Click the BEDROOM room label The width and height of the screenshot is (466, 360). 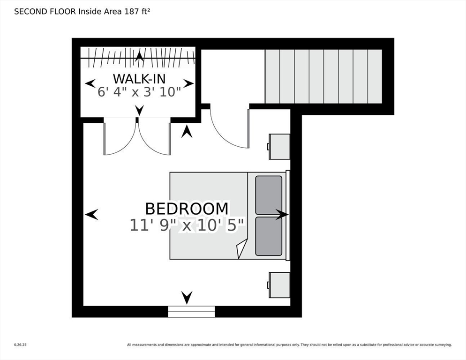(187, 209)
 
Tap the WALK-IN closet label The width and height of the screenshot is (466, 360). (139, 79)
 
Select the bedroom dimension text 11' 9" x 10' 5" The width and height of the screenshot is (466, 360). (187, 225)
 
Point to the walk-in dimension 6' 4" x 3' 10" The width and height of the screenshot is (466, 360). (139, 92)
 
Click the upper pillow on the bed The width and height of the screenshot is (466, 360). (269, 195)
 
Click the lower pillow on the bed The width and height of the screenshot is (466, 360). (269, 236)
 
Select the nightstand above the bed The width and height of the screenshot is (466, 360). (279, 147)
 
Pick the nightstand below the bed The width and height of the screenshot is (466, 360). (279, 285)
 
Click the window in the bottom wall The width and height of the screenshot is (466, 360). (191, 312)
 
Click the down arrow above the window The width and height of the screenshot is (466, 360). (187, 298)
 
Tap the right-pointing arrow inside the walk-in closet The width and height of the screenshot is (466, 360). (188, 83)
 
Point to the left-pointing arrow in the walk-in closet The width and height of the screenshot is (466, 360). (90, 83)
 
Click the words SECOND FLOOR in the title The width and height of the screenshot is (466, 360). (45, 12)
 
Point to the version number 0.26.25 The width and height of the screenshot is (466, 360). (20, 345)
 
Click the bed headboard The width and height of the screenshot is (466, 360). (288, 216)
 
